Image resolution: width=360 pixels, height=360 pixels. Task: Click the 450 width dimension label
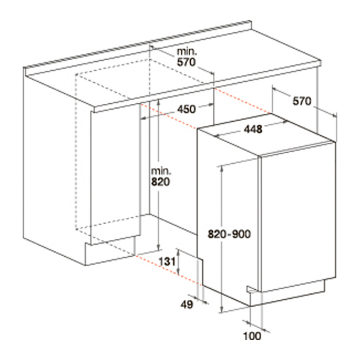pyautogui.click(x=187, y=109)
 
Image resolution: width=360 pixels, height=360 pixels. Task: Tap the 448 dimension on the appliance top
pyautogui.click(x=253, y=129)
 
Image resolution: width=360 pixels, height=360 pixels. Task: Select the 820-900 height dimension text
pyautogui.click(x=229, y=234)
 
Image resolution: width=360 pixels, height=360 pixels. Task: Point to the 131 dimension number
pyautogui.click(x=167, y=261)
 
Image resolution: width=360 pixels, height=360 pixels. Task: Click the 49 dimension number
pyautogui.click(x=187, y=305)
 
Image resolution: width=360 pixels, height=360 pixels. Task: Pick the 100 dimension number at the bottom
pyautogui.click(x=252, y=336)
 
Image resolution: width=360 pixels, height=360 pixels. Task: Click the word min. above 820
pyautogui.click(x=161, y=171)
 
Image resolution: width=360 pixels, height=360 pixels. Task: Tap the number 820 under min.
pyautogui.click(x=160, y=182)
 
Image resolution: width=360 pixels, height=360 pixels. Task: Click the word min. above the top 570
pyautogui.click(x=187, y=52)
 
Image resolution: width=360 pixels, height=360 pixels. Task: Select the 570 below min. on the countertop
pyautogui.click(x=186, y=62)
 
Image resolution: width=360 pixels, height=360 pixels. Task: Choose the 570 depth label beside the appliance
pyautogui.click(x=302, y=101)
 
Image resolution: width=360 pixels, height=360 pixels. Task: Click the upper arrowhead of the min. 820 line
pyautogui.click(x=158, y=102)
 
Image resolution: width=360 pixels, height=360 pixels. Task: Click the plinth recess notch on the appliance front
pyautogui.click(x=253, y=290)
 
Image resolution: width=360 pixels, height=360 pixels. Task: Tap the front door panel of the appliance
pyautogui.click(x=298, y=217)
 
